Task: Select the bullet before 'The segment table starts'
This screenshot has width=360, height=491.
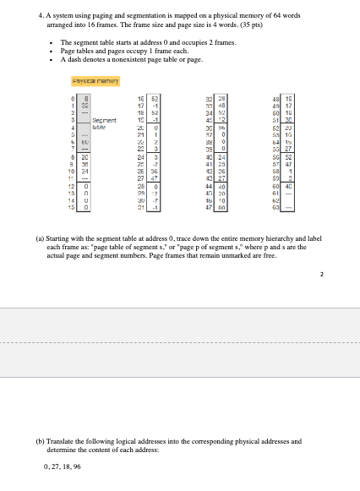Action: coord(52,41)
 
